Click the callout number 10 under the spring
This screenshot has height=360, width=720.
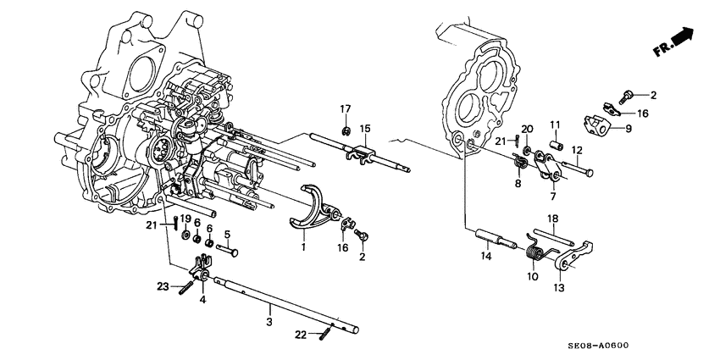coord(533,277)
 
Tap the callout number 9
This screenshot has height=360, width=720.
coord(628,130)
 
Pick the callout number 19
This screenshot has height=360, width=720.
coord(186,219)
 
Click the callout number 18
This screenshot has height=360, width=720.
coord(553,218)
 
